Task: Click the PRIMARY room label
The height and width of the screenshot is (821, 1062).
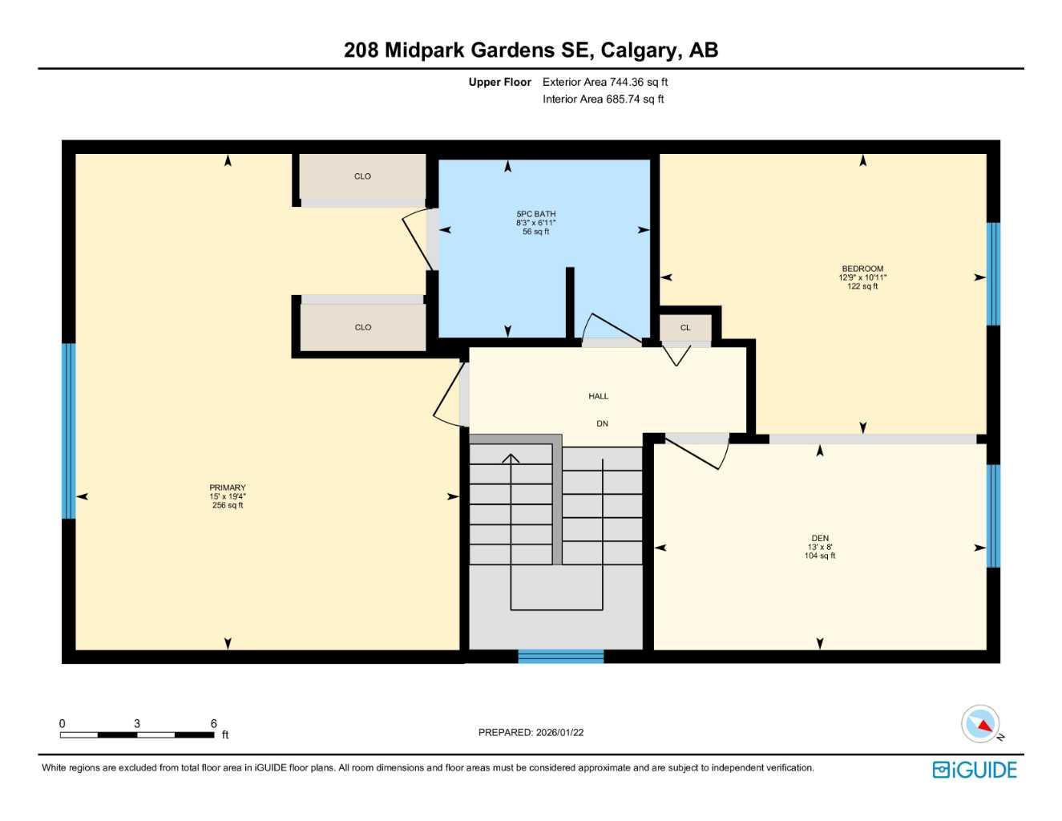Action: pyautogui.click(x=228, y=487)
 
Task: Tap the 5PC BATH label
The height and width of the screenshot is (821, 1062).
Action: pyautogui.click(x=535, y=214)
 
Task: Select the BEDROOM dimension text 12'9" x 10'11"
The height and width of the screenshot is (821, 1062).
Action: pyautogui.click(x=862, y=277)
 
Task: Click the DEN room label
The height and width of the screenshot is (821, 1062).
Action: pyautogui.click(x=820, y=538)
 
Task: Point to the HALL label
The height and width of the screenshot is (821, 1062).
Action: pyautogui.click(x=598, y=396)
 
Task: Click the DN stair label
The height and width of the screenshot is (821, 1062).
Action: pyautogui.click(x=602, y=423)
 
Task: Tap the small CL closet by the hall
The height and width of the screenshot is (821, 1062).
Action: pyautogui.click(x=685, y=328)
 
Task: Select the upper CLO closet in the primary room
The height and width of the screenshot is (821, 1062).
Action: pyautogui.click(x=362, y=176)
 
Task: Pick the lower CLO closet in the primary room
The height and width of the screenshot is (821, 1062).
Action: pyautogui.click(x=363, y=327)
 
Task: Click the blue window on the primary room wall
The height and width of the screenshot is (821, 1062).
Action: pyautogui.click(x=69, y=431)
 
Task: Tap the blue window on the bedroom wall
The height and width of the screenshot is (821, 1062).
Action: pyautogui.click(x=993, y=273)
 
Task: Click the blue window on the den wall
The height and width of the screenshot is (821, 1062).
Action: pyautogui.click(x=993, y=516)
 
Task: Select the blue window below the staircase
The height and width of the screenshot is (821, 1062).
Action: pyautogui.click(x=560, y=657)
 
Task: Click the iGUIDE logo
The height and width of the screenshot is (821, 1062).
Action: pyautogui.click(x=975, y=770)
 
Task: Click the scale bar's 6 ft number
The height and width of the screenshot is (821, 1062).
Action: pyautogui.click(x=213, y=723)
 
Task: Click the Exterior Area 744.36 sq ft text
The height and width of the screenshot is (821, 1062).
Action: pyautogui.click(x=605, y=82)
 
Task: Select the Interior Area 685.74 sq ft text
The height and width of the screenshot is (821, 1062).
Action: pyautogui.click(x=604, y=99)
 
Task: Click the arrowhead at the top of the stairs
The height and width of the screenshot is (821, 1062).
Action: pyautogui.click(x=511, y=459)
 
